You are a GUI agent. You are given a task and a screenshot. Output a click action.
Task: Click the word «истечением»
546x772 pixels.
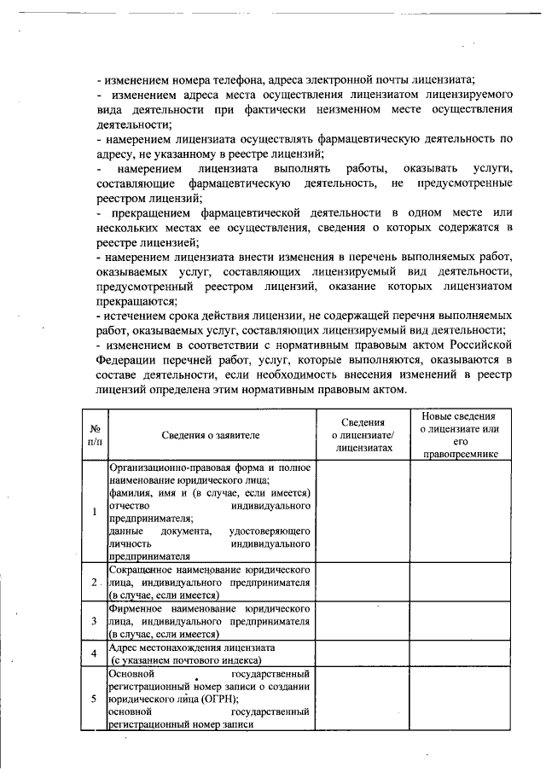[x=136, y=316]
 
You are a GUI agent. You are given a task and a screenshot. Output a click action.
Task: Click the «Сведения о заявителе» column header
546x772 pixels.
[x=211, y=435]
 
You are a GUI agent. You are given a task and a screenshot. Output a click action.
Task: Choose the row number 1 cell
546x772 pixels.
[x=94, y=512]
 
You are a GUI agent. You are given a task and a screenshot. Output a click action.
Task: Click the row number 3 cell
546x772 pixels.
[x=94, y=621]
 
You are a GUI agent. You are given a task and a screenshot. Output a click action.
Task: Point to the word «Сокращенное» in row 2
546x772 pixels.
[x=142, y=569]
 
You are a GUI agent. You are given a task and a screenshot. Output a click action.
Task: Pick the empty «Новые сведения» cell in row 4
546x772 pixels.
[x=459, y=654]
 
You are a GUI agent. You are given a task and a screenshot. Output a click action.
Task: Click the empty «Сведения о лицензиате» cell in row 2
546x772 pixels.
[x=362, y=582]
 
